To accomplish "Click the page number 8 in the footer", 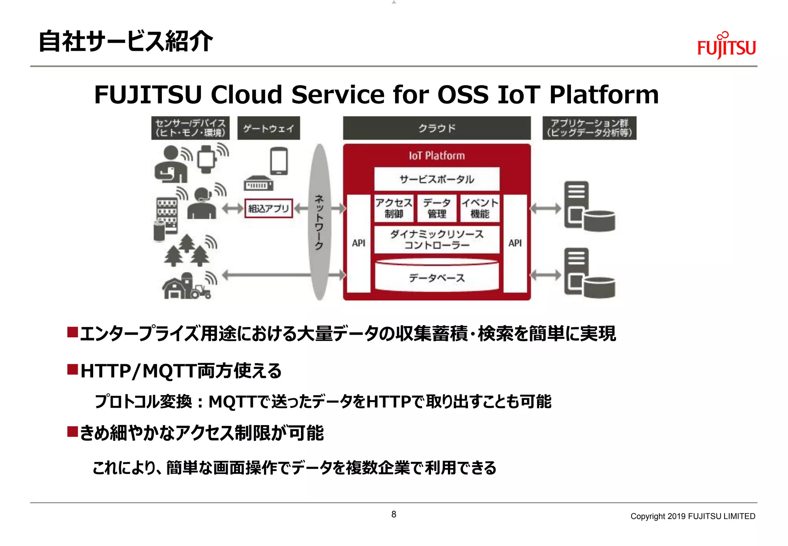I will click(394, 514).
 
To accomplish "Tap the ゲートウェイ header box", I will click(269, 128).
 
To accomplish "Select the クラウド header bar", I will click(437, 128).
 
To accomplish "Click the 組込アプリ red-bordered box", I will click(269, 208).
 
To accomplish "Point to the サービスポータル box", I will click(437, 179).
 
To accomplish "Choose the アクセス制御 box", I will click(394, 208).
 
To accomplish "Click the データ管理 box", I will click(437, 208).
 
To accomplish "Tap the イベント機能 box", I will click(479, 208).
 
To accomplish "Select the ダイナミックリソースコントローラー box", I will click(437, 240).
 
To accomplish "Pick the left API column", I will click(359, 243).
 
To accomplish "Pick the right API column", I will click(515, 243).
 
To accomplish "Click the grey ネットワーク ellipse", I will click(319, 222).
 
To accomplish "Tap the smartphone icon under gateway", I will click(279, 161).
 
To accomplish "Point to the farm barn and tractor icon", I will click(186, 287).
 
